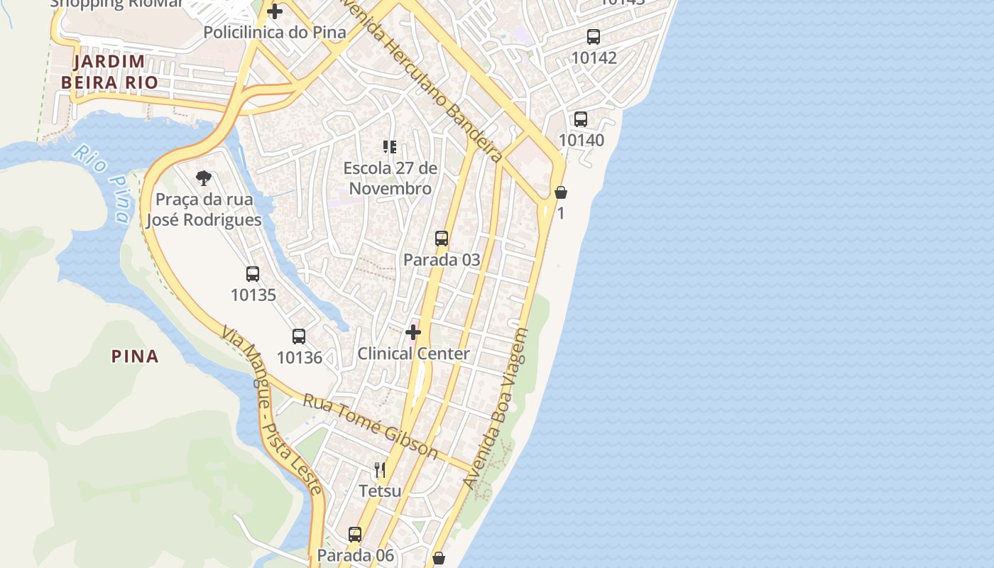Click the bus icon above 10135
pyautogui.click(x=253, y=273)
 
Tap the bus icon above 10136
pyautogui.click(x=299, y=337)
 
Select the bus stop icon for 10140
pyautogui.click(x=581, y=119)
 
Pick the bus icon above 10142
pyautogui.click(x=594, y=37)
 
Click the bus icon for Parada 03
pyautogui.click(x=442, y=239)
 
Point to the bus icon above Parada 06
pyautogui.click(x=355, y=534)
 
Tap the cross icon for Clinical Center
pyautogui.click(x=413, y=332)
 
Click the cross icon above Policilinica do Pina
pyautogui.click(x=275, y=11)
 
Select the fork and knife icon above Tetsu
pyautogui.click(x=380, y=469)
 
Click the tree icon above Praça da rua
pyautogui.click(x=204, y=177)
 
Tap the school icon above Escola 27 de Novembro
pyautogui.click(x=389, y=147)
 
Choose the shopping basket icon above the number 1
pyautogui.click(x=561, y=192)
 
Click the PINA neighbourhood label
pyautogui.click(x=135, y=356)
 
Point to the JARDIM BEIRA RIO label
pyautogui.click(x=109, y=72)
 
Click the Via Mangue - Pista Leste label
pyautogui.click(x=271, y=410)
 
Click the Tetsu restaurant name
pyautogui.click(x=380, y=491)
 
